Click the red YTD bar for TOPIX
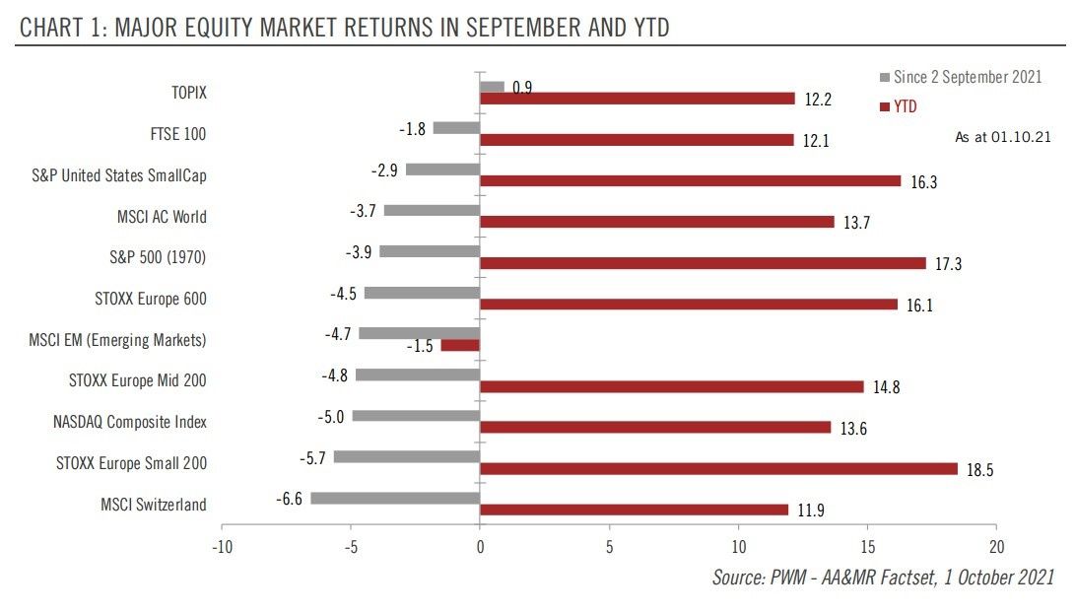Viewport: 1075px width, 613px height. click(637, 99)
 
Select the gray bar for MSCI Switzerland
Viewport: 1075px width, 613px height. click(395, 499)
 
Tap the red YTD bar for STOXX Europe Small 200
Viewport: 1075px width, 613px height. click(718, 469)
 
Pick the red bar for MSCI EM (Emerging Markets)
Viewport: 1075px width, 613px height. click(460, 346)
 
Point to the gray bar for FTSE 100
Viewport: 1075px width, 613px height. click(456, 127)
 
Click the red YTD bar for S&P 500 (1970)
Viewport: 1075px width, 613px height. click(703, 263)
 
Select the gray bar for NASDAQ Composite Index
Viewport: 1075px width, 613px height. click(416, 416)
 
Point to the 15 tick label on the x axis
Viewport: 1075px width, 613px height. click(867, 547)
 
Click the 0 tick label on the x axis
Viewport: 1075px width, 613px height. click(480, 547)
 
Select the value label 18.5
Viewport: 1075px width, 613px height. click(978, 471)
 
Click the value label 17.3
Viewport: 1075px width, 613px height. click(948, 264)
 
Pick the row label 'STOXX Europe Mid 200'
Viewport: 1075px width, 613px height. click(138, 380)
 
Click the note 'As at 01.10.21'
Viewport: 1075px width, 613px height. click(1002, 137)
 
